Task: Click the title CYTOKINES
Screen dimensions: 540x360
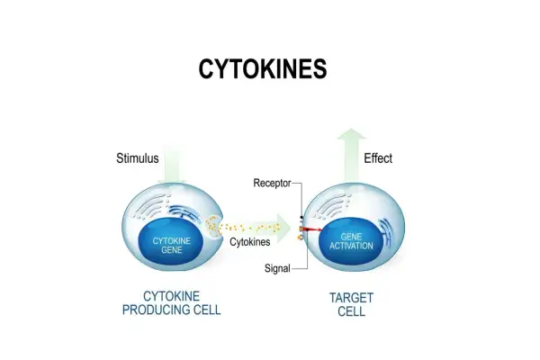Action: (x=263, y=68)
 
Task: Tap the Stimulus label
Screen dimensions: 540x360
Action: (x=138, y=158)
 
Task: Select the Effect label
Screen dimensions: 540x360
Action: (x=378, y=158)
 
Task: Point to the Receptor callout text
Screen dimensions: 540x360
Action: (x=272, y=183)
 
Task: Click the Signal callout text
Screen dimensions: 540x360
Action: (x=277, y=268)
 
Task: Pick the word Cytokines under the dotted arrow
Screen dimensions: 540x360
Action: (x=249, y=242)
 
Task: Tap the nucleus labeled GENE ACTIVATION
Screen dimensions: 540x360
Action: (x=351, y=242)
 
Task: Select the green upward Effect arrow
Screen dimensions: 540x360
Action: (x=351, y=155)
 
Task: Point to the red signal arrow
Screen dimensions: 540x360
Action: (x=312, y=229)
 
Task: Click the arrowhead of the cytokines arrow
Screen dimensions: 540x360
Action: (x=284, y=228)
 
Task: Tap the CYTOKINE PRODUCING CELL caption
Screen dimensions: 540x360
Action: (x=172, y=302)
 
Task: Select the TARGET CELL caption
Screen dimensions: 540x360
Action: (x=351, y=304)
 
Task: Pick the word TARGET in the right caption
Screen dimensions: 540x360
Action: (x=351, y=298)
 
